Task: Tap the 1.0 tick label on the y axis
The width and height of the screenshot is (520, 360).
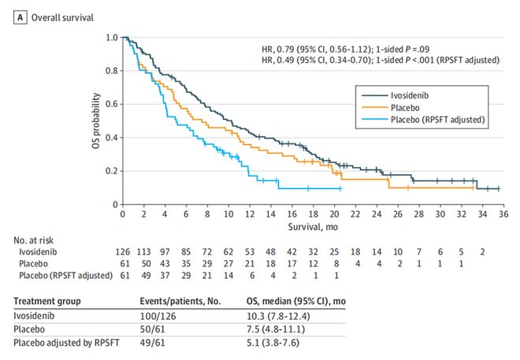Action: click(x=111, y=38)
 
